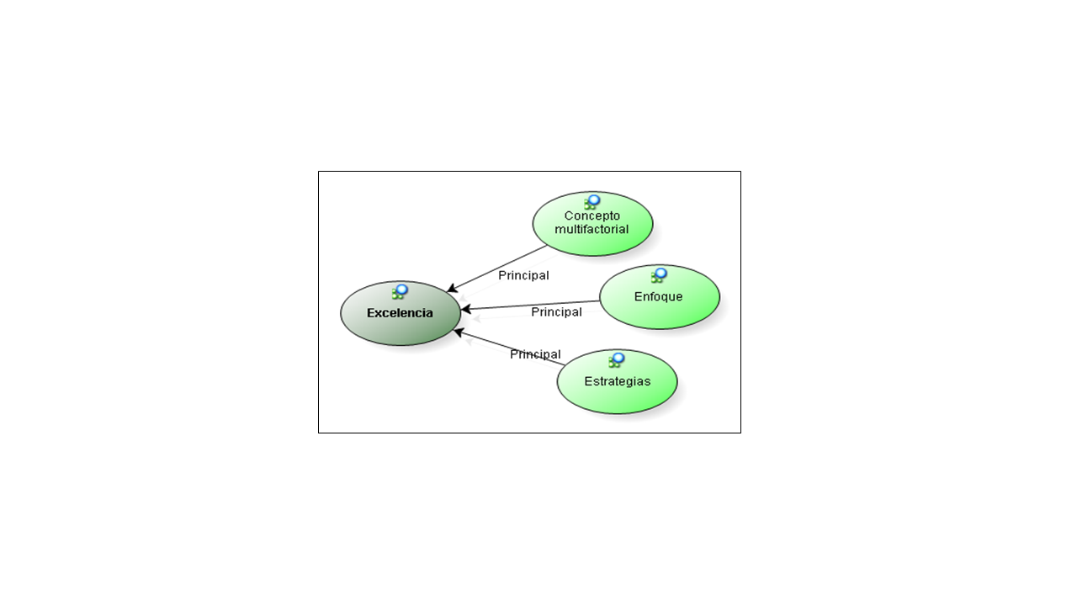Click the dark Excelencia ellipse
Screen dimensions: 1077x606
point(400,313)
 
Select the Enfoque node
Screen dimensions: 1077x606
point(660,297)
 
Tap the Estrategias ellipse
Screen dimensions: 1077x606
point(618,381)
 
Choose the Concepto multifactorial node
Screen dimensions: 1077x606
point(593,224)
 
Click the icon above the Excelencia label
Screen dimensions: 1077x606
point(400,292)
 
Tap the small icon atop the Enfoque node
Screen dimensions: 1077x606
point(659,275)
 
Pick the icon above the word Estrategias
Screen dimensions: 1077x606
point(617,360)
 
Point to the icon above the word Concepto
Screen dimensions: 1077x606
point(592,202)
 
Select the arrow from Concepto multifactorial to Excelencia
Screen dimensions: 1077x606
point(497,268)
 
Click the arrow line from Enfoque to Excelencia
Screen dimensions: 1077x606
point(530,306)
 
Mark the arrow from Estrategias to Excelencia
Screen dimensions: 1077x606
point(510,348)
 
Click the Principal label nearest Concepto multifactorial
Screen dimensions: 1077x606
point(523,275)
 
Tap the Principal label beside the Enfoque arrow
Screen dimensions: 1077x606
point(556,312)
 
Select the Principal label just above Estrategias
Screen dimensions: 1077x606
point(535,354)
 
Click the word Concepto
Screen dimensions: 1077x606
point(592,215)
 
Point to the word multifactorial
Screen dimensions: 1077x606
point(592,230)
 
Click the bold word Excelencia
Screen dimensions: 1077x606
point(400,313)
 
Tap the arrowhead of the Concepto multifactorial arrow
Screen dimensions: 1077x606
point(452,289)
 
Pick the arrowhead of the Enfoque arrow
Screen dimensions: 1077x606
point(465,310)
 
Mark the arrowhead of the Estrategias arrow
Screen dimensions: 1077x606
point(459,332)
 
